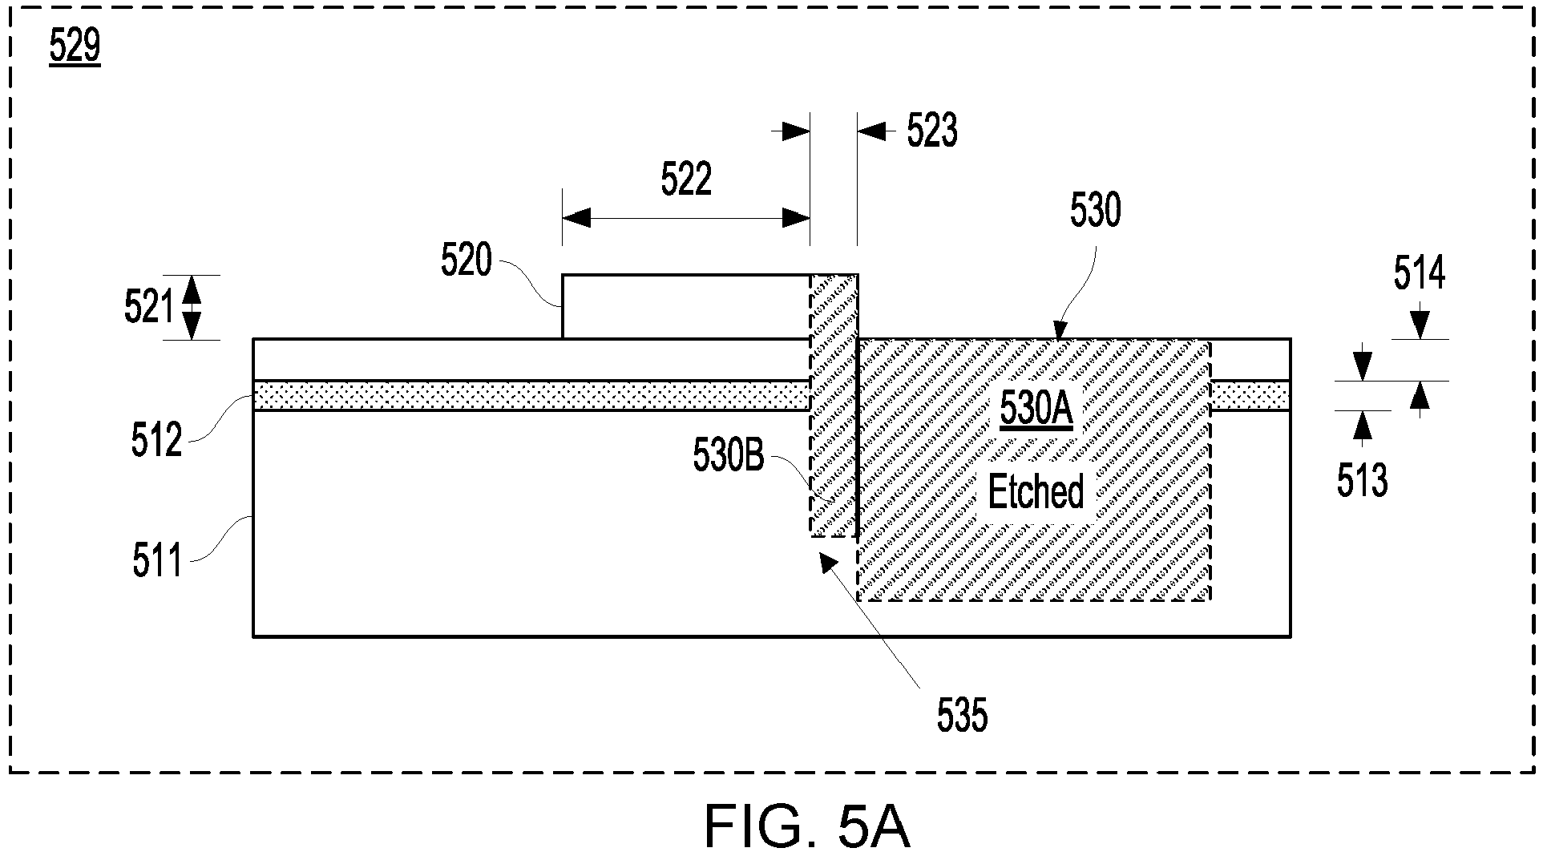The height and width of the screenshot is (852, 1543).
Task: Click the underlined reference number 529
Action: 75,46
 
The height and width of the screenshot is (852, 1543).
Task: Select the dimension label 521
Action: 149,307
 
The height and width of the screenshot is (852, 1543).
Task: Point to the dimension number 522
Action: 686,179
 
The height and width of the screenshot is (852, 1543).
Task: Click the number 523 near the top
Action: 932,131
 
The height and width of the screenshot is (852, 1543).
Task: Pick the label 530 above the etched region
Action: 1096,211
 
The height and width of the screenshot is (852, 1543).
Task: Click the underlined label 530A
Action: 1036,410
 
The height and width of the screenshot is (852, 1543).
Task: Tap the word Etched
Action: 1036,491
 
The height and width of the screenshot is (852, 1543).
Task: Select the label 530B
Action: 729,457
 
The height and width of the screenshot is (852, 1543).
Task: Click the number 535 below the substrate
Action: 962,715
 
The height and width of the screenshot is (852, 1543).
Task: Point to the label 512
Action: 157,440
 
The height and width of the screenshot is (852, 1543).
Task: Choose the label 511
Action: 157,560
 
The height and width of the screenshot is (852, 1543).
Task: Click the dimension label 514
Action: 1419,273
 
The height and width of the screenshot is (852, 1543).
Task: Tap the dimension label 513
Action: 1362,480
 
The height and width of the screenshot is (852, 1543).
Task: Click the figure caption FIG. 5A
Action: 807,826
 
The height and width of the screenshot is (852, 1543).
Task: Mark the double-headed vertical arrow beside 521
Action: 192,307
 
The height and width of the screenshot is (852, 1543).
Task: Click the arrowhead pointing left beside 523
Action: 873,131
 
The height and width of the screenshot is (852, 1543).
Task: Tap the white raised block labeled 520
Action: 686,307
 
